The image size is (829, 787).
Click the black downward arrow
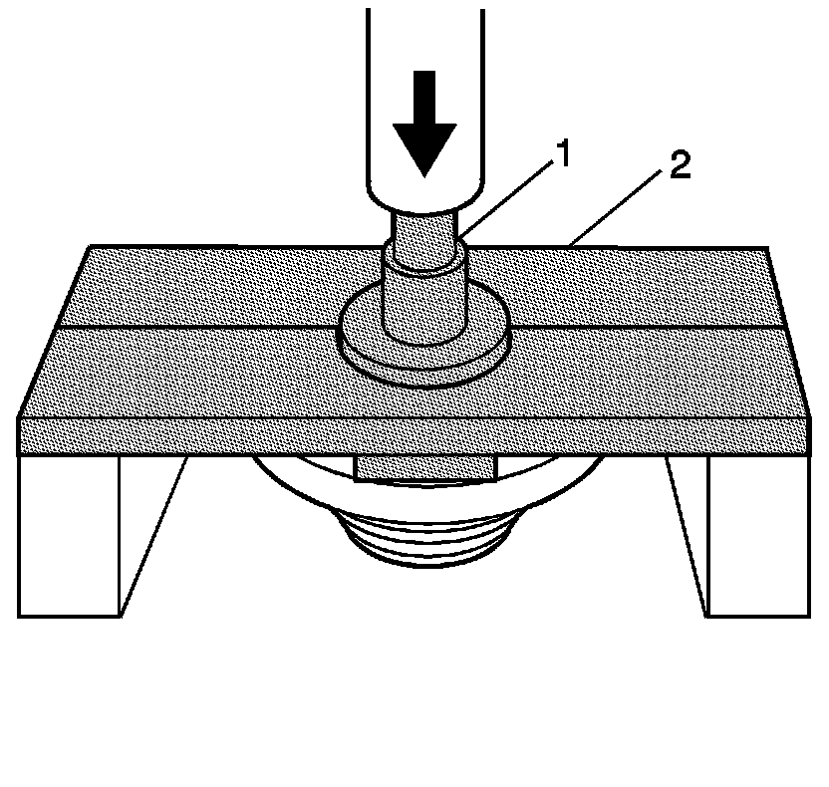click(x=424, y=121)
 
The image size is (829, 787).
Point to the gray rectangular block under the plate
click(x=424, y=466)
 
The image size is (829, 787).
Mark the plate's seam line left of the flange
click(x=199, y=327)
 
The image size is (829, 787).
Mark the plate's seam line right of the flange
click(x=648, y=327)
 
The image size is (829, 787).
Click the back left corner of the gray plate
click(x=91, y=247)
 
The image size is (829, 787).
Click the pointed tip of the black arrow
click(x=424, y=175)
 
